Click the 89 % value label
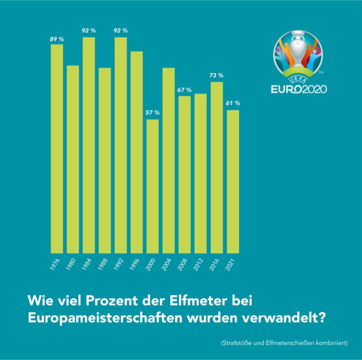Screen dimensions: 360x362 (x=57, y=39)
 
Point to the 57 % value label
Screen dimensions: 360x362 (x=153, y=112)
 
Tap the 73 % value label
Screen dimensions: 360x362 (x=217, y=75)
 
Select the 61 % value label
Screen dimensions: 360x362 (x=233, y=103)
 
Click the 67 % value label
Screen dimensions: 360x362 (x=185, y=89)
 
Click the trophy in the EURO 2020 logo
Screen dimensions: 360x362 (x=299, y=51)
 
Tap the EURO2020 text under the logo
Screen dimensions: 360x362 (x=298, y=89)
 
